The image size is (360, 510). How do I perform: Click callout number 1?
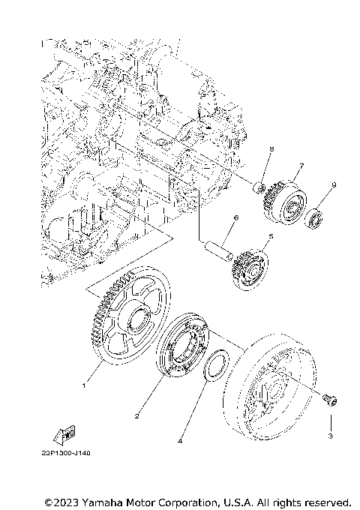pos(84,385)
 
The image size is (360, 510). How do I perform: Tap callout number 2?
pos(137,415)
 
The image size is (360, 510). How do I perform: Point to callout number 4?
pos(179,442)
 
